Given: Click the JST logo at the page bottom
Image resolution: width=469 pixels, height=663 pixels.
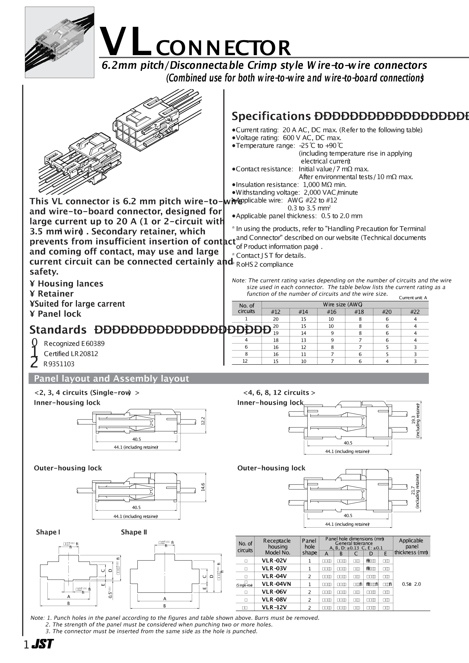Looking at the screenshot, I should pos(42,644).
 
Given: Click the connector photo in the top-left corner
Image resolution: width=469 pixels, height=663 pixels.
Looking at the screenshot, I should pos(60,43).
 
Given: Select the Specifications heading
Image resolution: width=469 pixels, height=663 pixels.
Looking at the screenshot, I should pos(271,117).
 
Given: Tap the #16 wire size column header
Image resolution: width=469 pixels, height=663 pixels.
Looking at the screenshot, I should pos(331,312).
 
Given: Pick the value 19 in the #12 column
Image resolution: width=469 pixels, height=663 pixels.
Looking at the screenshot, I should pos(276,333).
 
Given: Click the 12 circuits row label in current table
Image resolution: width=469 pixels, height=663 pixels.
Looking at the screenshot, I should pos(245,361).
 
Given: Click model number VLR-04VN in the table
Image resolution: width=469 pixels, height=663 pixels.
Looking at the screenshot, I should pos(276,584).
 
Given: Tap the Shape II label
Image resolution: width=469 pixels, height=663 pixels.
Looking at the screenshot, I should pos(134,532).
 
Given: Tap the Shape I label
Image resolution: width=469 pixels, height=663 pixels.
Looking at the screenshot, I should pos(48,532).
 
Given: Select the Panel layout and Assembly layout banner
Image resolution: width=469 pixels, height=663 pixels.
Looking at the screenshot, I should pos(228,378).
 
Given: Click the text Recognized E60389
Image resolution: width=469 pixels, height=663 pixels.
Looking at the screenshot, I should pos(74,344).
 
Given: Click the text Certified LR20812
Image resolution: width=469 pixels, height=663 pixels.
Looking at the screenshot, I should pos(71,354).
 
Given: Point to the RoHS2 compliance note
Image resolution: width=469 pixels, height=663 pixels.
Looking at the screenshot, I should pos(264,265).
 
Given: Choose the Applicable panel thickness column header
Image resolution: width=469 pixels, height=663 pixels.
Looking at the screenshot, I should pos(411,546).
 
